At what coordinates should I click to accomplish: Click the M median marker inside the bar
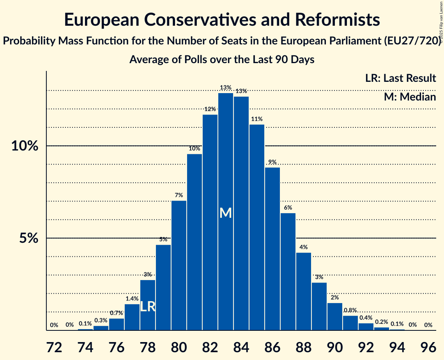coord(226,213)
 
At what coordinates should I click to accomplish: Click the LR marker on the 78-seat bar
coord(148,307)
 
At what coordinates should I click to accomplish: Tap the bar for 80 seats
coord(179,265)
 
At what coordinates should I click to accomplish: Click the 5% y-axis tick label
coord(29,238)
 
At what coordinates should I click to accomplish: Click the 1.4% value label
coord(132,299)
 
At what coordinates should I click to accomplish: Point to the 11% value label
coord(257,119)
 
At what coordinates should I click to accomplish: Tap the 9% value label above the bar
coord(272,162)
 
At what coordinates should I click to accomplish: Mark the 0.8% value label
coord(350,311)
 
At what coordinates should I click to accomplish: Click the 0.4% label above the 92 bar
coord(366,318)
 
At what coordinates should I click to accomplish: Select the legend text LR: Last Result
coord(400,78)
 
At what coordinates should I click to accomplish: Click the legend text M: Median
coord(410,97)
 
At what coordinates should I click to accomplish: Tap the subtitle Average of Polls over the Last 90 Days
coord(222,60)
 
